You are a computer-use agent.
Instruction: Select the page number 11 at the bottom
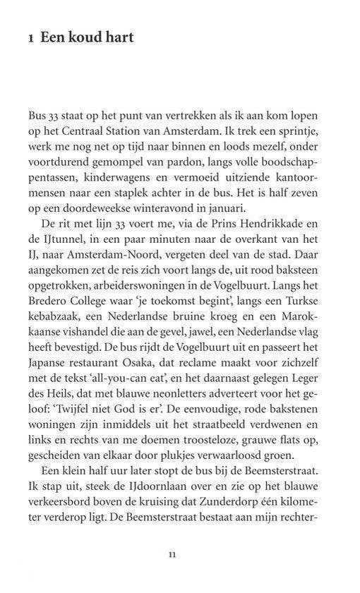coord(172,553)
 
